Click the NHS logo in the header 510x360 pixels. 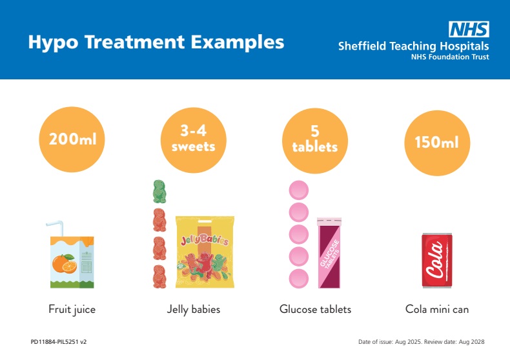click(x=469, y=29)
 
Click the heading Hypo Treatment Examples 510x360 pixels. click(x=156, y=43)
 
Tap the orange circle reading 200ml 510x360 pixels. click(x=72, y=139)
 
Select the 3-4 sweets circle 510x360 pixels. click(x=193, y=139)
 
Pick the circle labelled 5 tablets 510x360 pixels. click(x=314, y=139)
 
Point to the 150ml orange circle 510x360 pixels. click(x=436, y=142)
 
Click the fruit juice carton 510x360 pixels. click(x=72, y=261)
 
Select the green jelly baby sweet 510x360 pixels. click(x=158, y=192)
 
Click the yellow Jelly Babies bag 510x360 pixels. click(x=205, y=252)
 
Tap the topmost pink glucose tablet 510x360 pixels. click(x=298, y=190)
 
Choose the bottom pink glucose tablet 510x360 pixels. click(x=298, y=279)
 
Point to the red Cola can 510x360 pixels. click(x=436, y=261)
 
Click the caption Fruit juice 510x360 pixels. click(x=72, y=310)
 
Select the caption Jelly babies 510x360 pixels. click(x=193, y=310)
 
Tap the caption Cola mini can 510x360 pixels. click(x=436, y=310)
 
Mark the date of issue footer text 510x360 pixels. click(x=421, y=342)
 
